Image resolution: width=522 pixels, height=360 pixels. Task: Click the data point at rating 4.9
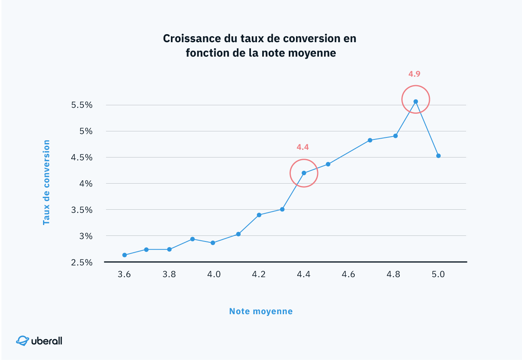pos(416,101)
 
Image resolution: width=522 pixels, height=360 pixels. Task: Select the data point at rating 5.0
pos(438,156)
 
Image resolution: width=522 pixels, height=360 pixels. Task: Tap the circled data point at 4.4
pos(304,173)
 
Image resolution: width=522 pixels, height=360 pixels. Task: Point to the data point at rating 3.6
pos(125,255)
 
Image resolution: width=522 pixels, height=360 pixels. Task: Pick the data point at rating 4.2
pos(259,215)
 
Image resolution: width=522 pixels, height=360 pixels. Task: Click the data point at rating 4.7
pos(370,140)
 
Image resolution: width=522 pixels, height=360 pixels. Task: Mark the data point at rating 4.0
pos(213,243)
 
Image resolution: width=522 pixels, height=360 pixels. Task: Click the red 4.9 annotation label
pos(414,74)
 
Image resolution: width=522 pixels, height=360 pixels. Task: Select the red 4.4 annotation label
pos(302,147)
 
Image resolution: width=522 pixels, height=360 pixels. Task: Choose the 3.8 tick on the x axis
pos(169,275)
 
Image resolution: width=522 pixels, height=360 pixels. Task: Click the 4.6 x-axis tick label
pos(348,275)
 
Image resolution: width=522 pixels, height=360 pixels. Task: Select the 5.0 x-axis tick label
pos(438,275)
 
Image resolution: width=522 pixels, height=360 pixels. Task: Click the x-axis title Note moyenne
pos(261,311)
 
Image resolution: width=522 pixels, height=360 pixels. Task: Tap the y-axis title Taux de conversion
pos(47,182)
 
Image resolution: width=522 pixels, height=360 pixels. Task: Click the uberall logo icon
pos(23,341)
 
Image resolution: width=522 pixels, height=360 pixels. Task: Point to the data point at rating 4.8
pos(395,136)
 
